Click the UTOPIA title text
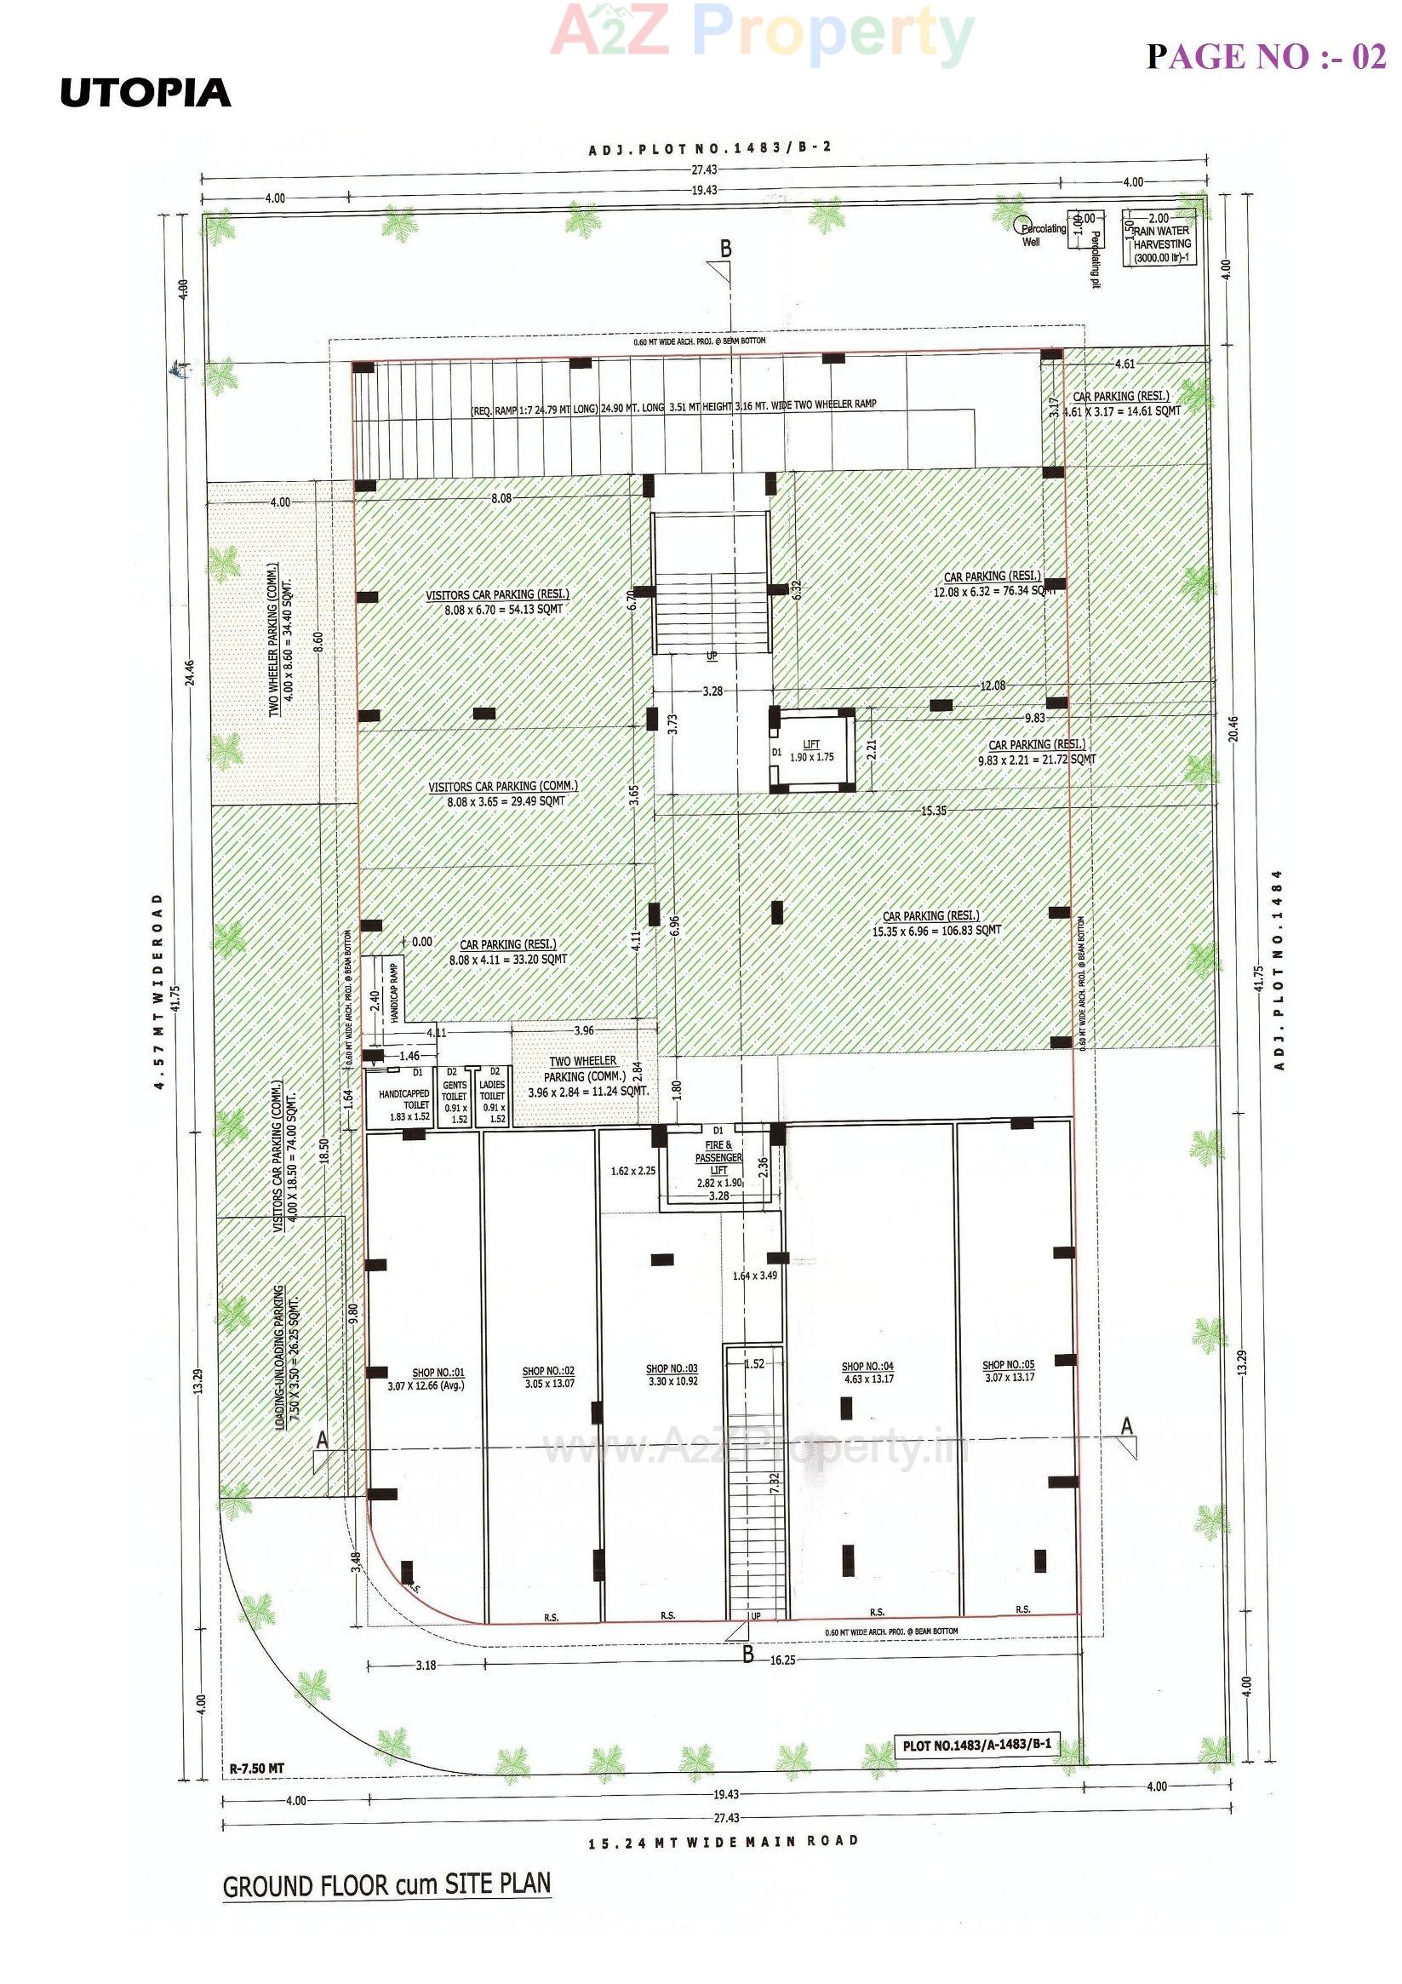click(145, 94)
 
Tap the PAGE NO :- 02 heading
click(1266, 57)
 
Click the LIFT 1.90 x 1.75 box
click(811, 750)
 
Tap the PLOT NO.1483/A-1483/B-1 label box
click(976, 1745)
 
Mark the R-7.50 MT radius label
click(256, 1768)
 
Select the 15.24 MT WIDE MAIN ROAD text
click(723, 1842)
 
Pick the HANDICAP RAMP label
click(394, 993)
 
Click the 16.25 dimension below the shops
click(781, 1660)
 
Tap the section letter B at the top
click(725, 249)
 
